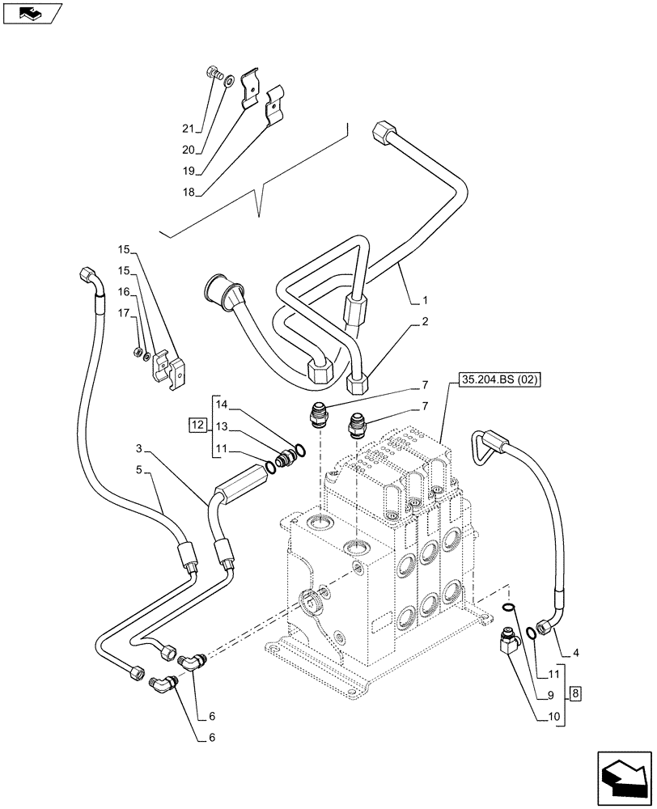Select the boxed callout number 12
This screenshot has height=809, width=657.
[x=196, y=426]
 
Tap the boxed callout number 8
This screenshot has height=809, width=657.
[x=574, y=693]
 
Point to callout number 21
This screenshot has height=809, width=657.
[x=188, y=129]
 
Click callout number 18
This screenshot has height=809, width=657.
[x=188, y=193]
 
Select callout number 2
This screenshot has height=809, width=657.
[x=424, y=322]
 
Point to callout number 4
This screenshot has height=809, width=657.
[x=576, y=652]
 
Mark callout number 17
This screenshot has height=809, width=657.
[x=124, y=313]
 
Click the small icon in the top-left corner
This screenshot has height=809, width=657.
[x=32, y=14]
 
